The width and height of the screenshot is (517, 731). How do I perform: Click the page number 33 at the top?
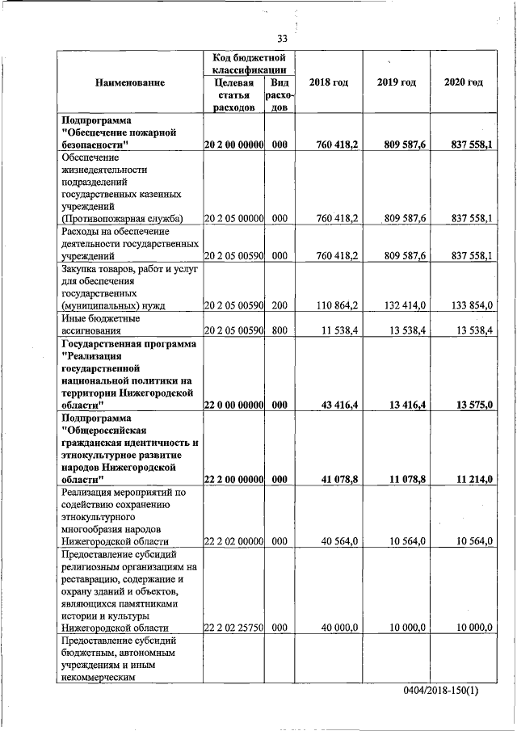(282, 38)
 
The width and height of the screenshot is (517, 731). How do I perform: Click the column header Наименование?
(129, 83)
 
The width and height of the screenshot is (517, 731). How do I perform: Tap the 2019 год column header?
(397, 83)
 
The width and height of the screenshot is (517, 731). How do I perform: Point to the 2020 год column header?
(464, 83)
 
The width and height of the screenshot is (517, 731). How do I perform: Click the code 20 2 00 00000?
(234, 145)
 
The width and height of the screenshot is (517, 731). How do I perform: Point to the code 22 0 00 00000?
(234, 404)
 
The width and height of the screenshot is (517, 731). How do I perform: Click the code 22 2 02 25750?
(234, 627)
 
